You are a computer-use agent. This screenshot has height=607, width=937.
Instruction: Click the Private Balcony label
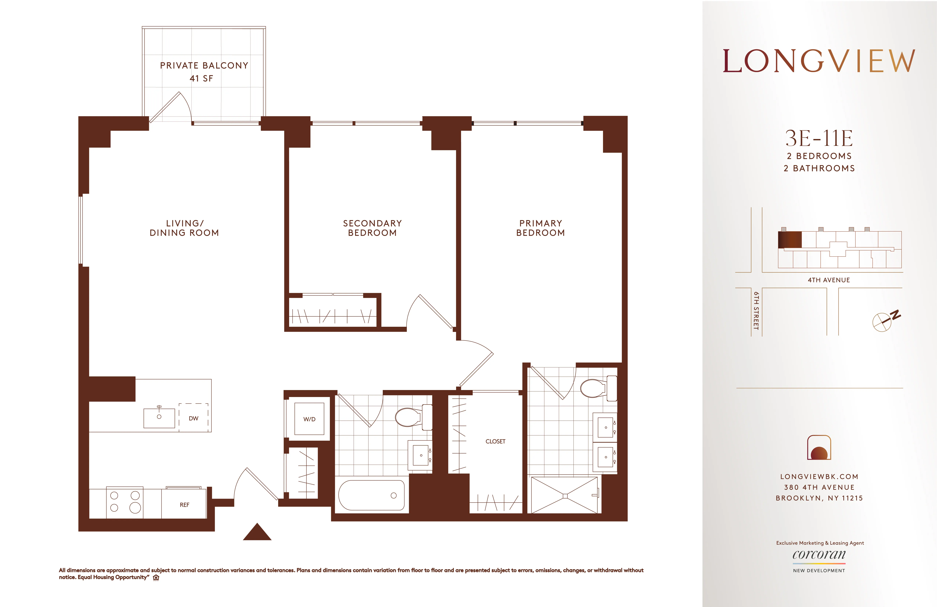point(204,65)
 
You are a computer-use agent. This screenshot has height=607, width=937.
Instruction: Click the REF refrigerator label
point(184,505)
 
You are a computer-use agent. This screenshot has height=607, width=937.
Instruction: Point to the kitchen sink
point(159,418)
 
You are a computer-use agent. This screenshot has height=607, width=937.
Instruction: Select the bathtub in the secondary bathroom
point(371,495)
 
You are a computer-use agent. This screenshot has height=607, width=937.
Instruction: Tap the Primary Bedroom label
point(541,228)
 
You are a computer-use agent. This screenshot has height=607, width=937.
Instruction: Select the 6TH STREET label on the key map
point(756,311)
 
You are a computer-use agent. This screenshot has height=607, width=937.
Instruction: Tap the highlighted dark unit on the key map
point(789,240)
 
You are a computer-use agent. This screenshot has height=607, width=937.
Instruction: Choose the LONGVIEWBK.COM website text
point(819,476)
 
